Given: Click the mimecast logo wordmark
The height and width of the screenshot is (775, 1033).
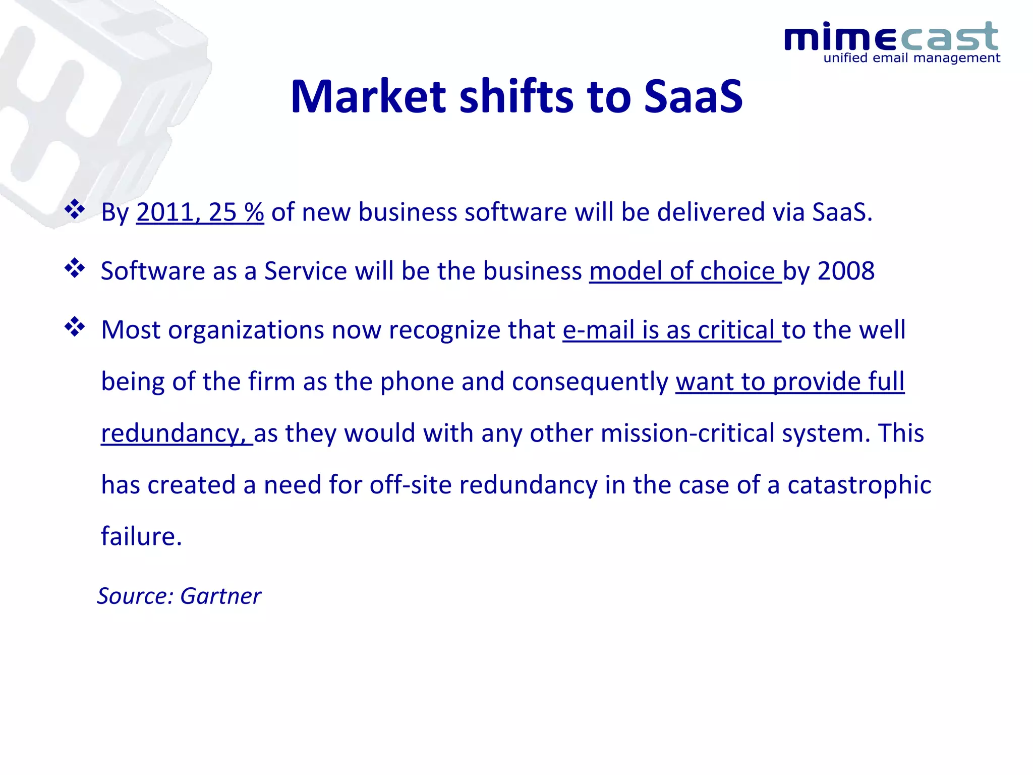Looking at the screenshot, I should point(891,37).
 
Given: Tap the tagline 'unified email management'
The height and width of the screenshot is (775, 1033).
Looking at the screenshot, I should point(911,58).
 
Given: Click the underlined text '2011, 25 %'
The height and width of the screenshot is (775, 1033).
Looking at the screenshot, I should point(200,212).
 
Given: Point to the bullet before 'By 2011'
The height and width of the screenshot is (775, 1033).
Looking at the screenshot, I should point(75,209).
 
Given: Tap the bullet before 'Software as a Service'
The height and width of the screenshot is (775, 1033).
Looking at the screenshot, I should point(75,268).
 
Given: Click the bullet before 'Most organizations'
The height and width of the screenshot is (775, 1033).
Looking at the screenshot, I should point(75,327).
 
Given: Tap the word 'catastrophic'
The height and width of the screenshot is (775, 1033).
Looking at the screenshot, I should point(859,485).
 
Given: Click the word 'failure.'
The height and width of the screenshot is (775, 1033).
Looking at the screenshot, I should point(141,536).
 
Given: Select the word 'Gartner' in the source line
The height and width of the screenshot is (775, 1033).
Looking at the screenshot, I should point(220,596).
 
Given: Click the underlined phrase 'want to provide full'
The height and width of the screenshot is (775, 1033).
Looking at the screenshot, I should point(790,381).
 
